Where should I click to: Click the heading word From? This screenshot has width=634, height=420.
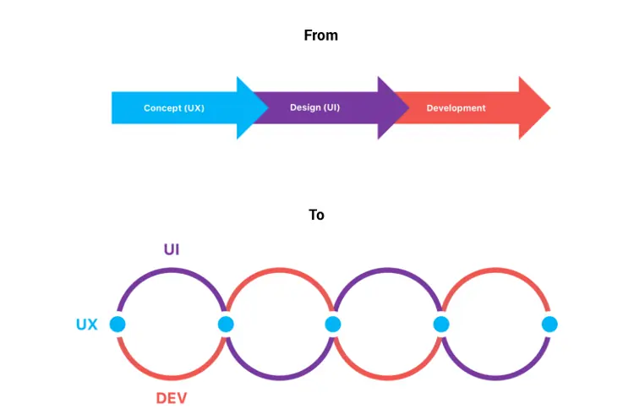coord(320,35)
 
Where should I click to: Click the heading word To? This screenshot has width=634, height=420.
coord(316,215)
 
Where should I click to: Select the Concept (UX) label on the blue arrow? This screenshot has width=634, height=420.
coord(173,108)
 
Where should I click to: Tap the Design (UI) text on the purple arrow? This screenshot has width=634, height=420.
coord(314,108)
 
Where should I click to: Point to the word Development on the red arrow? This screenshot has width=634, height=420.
coord(456,108)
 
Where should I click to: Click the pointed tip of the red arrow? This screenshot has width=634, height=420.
coord(549,108)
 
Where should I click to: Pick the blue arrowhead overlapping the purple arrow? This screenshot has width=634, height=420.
coord(251,108)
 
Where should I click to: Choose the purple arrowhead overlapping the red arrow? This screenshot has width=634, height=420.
coord(393,108)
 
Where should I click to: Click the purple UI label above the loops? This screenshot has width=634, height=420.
coord(172,249)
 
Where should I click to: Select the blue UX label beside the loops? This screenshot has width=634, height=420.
coord(87,325)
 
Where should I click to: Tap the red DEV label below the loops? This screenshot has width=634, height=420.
coord(172,399)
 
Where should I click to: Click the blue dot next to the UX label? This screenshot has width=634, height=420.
coord(118,325)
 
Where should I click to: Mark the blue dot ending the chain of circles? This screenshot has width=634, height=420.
coord(549,325)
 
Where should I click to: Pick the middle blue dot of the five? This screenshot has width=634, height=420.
coord(333,325)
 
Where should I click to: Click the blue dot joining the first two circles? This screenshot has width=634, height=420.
coord(225,325)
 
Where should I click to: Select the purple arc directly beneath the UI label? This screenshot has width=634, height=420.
coord(172,270)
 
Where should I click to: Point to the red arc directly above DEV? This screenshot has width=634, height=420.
coord(172,378)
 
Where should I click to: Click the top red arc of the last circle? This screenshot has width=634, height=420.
coord(495,270)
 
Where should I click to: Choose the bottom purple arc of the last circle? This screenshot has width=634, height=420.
coord(495,378)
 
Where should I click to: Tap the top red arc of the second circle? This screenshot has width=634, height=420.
coord(279,270)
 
